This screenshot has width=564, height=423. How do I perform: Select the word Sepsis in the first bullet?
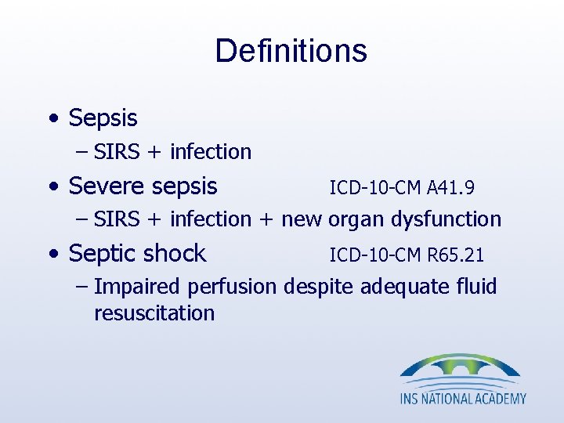pyautogui.click(x=103, y=119)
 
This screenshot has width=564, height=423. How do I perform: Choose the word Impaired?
pyautogui.click(x=135, y=287)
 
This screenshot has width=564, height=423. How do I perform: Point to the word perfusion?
pyautogui.click(x=230, y=287)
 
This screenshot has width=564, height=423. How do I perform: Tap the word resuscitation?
pyautogui.click(x=154, y=313)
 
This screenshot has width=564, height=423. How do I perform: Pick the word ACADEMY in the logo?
pyautogui.click(x=500, y=399)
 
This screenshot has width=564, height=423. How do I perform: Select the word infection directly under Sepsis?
pyautogui.click(x=210, y=152)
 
